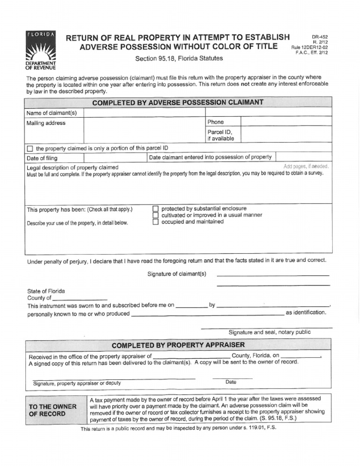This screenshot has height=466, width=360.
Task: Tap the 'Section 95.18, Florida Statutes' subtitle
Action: tap(172, 59)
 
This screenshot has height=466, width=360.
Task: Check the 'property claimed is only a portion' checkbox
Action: tap(30, 149)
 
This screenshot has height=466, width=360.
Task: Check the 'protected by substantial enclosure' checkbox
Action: tap(156, 208)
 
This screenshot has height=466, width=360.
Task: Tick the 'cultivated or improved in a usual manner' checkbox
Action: tap(156, 215)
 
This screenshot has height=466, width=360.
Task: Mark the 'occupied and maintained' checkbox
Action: tap(156, 222)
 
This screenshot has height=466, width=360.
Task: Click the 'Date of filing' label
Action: tap(43, 158)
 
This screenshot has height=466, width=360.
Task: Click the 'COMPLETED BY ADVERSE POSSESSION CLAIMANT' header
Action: tap(178, 102)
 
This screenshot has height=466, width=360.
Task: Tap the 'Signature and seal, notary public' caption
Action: tap(269, 332)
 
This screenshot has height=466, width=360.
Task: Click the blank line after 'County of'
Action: tap(80, 298)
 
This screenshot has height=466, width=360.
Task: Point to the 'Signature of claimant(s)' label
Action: tap(176, 274)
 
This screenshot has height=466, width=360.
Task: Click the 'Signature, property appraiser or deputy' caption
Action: tap(77, 383)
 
